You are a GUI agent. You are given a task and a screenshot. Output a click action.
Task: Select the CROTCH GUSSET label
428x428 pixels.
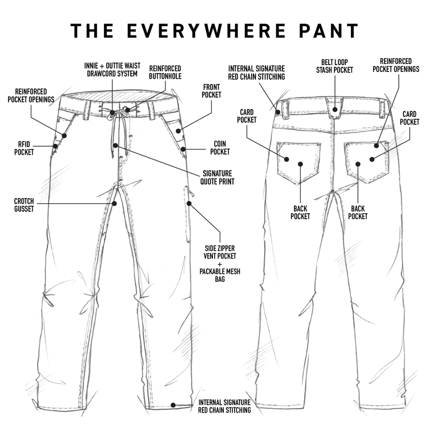pos(25,205)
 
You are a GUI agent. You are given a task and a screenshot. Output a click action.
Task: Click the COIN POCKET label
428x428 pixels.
pos(220,148)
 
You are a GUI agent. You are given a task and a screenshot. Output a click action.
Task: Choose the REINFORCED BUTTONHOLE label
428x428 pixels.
pos(165,71)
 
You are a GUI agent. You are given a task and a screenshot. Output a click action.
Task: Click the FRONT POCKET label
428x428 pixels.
pos(211,91)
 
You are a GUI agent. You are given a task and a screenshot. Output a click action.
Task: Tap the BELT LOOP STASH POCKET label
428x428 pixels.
pos(334,66)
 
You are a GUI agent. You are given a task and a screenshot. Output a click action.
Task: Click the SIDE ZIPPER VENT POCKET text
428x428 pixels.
pos(220,253)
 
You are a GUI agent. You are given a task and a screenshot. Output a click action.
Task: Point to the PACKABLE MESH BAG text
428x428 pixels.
pos(220,276)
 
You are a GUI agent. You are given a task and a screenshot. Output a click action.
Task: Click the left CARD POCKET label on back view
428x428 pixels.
pos(247,116)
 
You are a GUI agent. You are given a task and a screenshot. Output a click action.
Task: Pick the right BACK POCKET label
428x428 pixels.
pos(358,212)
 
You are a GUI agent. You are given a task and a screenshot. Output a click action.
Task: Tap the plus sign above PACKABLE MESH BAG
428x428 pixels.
pos(220,264)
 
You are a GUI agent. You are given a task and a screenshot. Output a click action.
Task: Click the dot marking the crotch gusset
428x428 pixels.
pos(115,203)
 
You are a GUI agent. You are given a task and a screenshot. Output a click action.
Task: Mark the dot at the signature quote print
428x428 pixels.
pos(116,146)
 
